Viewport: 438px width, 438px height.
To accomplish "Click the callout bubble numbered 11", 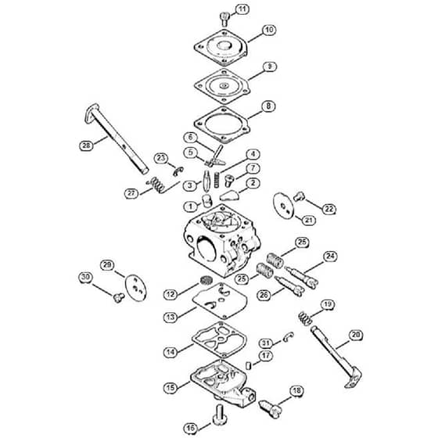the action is click(x=242, y=9).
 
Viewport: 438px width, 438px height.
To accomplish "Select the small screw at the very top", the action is click(x=224, y=19).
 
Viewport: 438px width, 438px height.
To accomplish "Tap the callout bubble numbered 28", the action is click(x=86, y=145).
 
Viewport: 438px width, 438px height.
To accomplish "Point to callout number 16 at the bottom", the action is click(x=191, y=428).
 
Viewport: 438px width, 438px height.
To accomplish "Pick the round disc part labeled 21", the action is click(x=283, y=206).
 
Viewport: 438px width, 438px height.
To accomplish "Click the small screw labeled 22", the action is click(x=298, y=196).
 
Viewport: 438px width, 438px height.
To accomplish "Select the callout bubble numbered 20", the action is click(x=356, y=335).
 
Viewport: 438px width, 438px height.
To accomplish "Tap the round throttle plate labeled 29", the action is click(x=136, y=288).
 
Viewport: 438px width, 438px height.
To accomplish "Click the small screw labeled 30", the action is click(x=119, y=297).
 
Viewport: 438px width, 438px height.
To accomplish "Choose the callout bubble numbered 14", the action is click(x=171, y=352).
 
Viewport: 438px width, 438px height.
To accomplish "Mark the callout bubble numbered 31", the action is click(x=266, y=343).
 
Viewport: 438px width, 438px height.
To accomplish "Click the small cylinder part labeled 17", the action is click(x=249, y=365).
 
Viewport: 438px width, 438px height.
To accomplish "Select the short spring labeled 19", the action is click(x=305, y=318).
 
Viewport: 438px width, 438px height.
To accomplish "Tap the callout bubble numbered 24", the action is click(x=330, y=257).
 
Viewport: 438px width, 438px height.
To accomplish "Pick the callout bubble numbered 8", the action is click(x=268, y=106).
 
